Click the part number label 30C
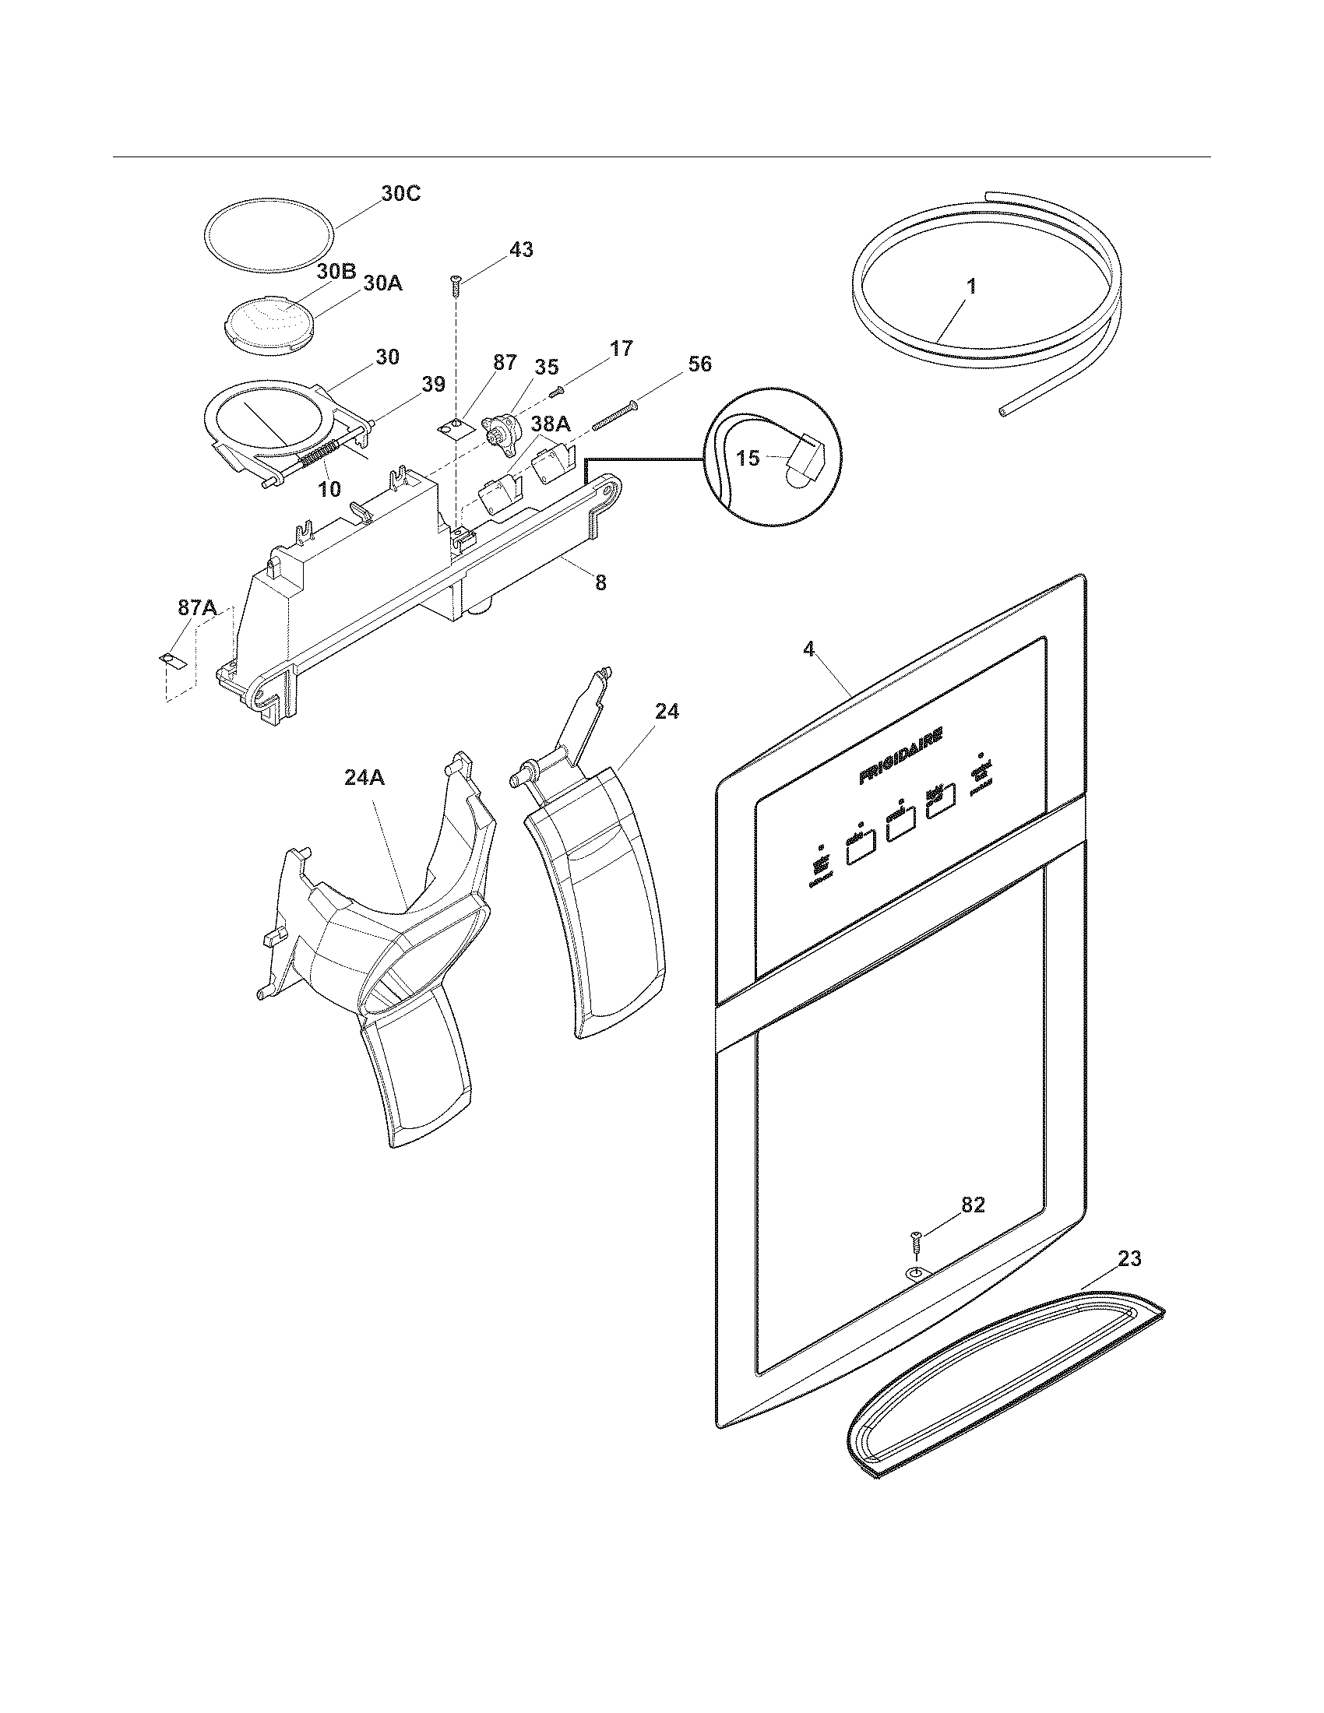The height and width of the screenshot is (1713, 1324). pyautogui.click(x=401, y=193)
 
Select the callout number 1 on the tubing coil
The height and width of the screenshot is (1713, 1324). pyautogui.click(x=971, y=287)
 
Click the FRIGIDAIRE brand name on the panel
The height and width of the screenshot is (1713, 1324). pyautogui.click(x=900, y=754)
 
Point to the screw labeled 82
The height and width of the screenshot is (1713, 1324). pyautogui.click(x=914, y=1242)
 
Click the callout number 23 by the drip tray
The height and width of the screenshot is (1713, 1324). pyautogui.click(x=1129, y=1259)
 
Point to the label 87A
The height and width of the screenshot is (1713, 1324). pyautogui.click(x=198, y=609)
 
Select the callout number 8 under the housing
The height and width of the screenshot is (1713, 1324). pyautogui.click(x=600, y=582)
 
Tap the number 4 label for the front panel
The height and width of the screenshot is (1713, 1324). pyautogui.click(x=808, y=649)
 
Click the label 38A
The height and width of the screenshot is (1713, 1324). pyautogui.click(x=550, y=424)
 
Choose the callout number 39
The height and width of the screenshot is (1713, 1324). pyautogui.click(x=433, y=385)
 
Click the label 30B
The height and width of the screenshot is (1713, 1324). pyautogui.click(x=337, y=272)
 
